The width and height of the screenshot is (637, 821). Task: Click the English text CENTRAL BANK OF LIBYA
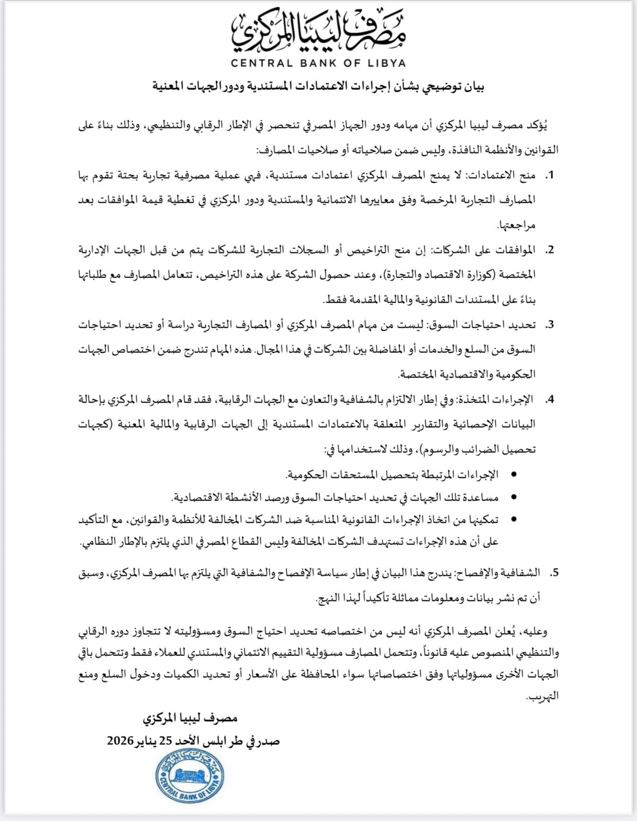tap(318, 63)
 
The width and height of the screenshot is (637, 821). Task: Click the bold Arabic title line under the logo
tap(318, 87)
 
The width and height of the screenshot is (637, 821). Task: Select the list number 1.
tap(549, 175)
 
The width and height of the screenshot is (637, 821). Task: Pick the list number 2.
tap(549, 250)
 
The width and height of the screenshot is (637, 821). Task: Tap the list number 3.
tap(549, 325)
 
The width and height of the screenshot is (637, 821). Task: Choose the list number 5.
tap(554, 572)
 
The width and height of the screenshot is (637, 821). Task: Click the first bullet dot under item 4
tap(513, 475)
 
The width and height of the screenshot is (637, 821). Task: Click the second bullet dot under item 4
tap(513, 497)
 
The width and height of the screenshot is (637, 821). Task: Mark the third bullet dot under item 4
tap(513, 519)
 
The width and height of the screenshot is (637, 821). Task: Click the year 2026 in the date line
tap(120, 741)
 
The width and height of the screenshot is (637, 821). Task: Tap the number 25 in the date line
tap(166, 741)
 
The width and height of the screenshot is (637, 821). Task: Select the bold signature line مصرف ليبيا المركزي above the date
tap(190, 719)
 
